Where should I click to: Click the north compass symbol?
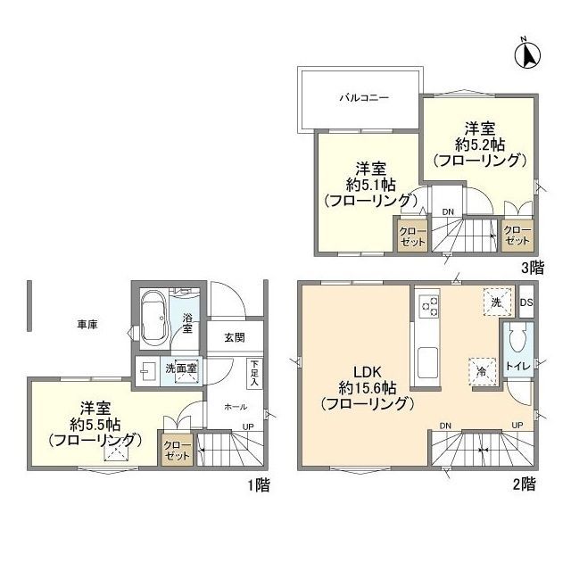point(527,55)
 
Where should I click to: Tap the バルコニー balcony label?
point(365,98)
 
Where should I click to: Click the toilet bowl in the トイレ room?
point(518,338)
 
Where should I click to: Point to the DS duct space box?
point(526,302)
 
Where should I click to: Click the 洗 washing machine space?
point(498,302)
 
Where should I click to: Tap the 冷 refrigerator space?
point(482,372)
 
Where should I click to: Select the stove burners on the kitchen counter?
point(429,306)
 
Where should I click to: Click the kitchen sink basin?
point(428,363)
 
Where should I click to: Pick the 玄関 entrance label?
point(235,338)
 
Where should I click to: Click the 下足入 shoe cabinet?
point(254,374)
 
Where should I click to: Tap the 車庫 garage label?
point(87,325)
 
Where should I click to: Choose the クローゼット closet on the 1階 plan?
point(177,451)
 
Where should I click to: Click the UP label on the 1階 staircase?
point(248,426)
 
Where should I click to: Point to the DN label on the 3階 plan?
point(448,212)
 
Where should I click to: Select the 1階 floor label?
point(259,485)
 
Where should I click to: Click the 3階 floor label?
point(533,269)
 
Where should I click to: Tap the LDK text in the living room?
point(368,372)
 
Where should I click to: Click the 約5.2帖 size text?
point(480,145)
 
